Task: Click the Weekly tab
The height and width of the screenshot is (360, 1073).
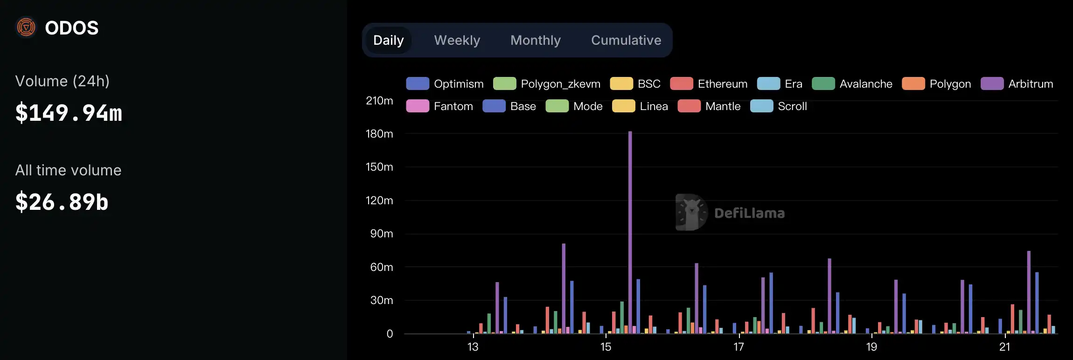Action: click(x=457, y=41)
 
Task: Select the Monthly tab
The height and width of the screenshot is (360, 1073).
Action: click(x=535, y=41)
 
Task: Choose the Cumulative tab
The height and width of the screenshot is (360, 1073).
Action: click(x=626, y=41)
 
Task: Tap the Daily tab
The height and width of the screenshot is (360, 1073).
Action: click(x=388, y=41)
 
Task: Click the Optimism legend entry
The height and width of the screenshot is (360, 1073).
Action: click(x=445, y=84)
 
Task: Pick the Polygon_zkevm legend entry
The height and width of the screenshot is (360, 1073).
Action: click(x=547, y=84)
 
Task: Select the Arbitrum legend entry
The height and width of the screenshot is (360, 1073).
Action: click(x=1017, y=84)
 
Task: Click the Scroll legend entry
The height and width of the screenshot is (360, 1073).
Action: click(x=779, y=106)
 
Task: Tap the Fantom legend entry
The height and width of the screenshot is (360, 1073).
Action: click(x=439, y=106)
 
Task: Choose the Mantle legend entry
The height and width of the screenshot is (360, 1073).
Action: click(x=709, y=106)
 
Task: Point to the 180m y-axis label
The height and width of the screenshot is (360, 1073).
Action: click(x=379, y=134)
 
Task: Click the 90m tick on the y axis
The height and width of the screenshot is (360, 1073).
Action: click(x=382, y=234)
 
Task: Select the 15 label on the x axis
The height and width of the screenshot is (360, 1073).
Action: click(x=606, y=347)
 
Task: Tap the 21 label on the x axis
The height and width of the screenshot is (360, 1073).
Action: click(x=1004, y=347)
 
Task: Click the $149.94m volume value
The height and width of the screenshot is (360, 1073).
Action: click(x=69, y=113)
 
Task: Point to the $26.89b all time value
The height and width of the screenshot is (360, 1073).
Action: click(x=62, y=202)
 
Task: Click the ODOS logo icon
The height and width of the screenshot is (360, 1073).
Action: click(x=26, y=28)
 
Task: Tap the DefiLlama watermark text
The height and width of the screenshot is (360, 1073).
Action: click(x=749, y=213)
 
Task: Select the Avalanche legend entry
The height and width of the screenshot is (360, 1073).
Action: click(x=852, y=84)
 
